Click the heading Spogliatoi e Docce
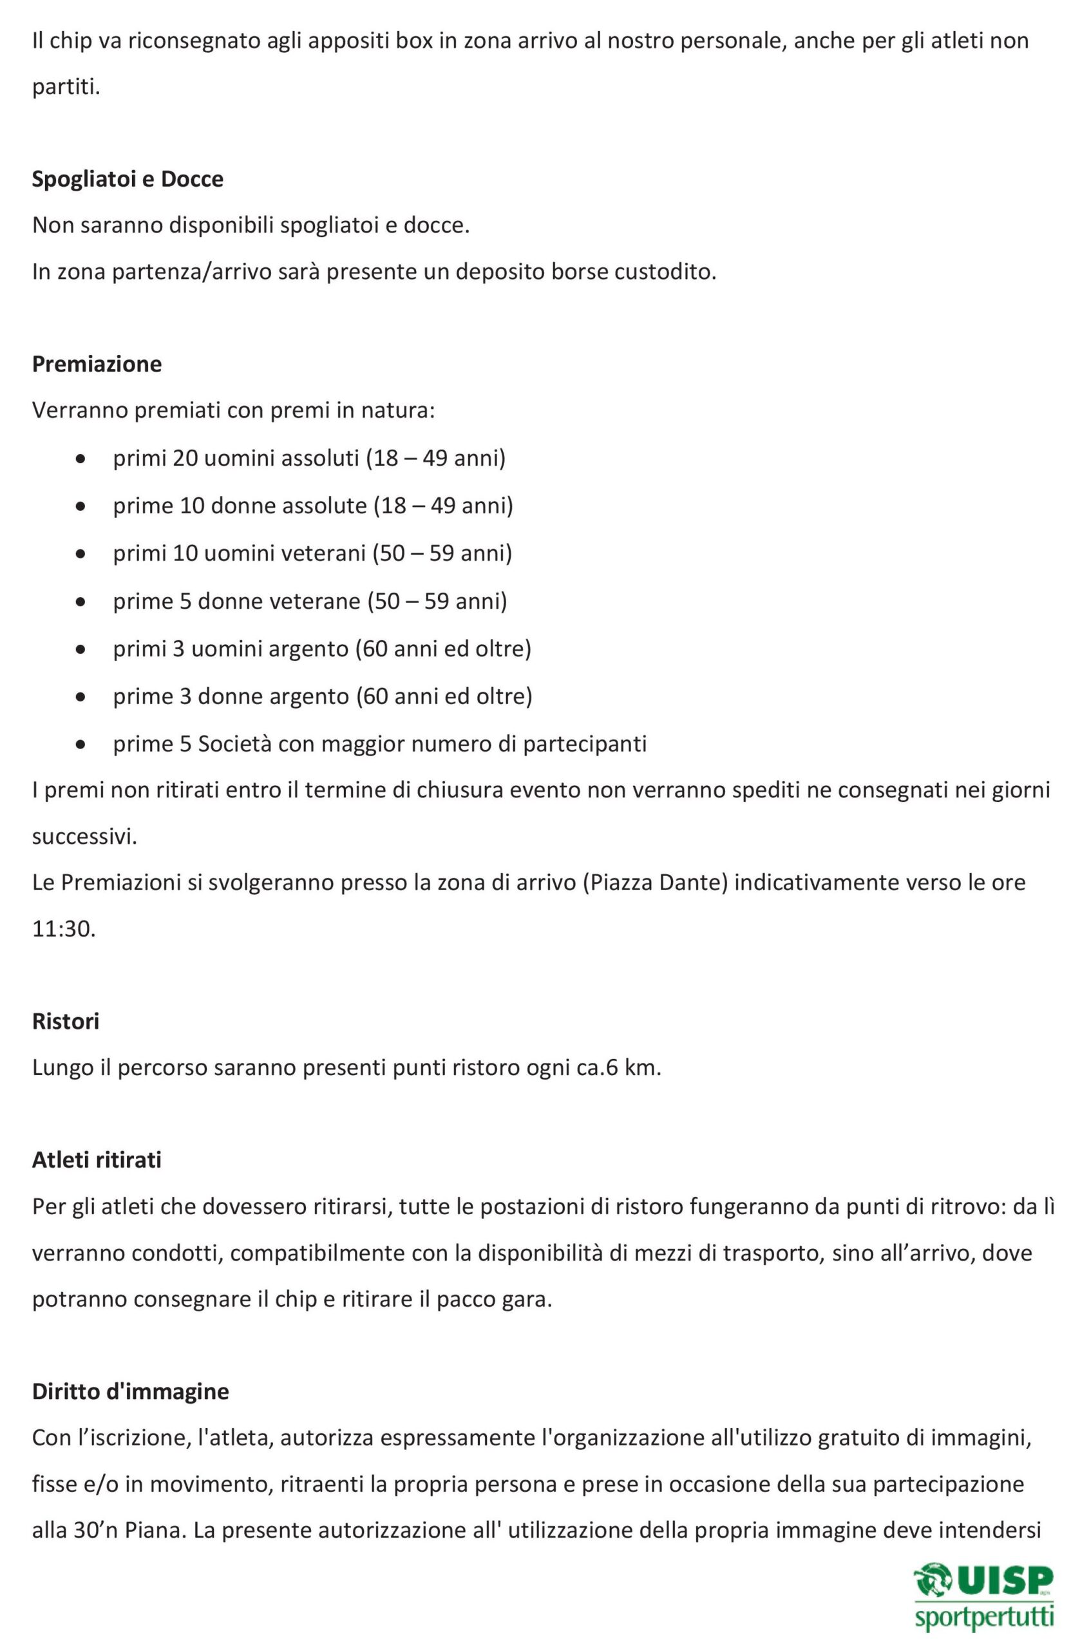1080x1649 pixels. [x=128, y=180]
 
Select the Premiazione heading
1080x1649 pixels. [x=97, y=364]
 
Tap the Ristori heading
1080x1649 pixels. [x=65, y=1020]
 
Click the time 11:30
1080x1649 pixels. [x=63, y=929]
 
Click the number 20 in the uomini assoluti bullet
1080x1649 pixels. [x=185, y=458]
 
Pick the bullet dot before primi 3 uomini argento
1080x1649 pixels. [x=81, y=650]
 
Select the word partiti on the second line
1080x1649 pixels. [x=65, y=88]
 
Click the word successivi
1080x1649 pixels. [x=84, y=836]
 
